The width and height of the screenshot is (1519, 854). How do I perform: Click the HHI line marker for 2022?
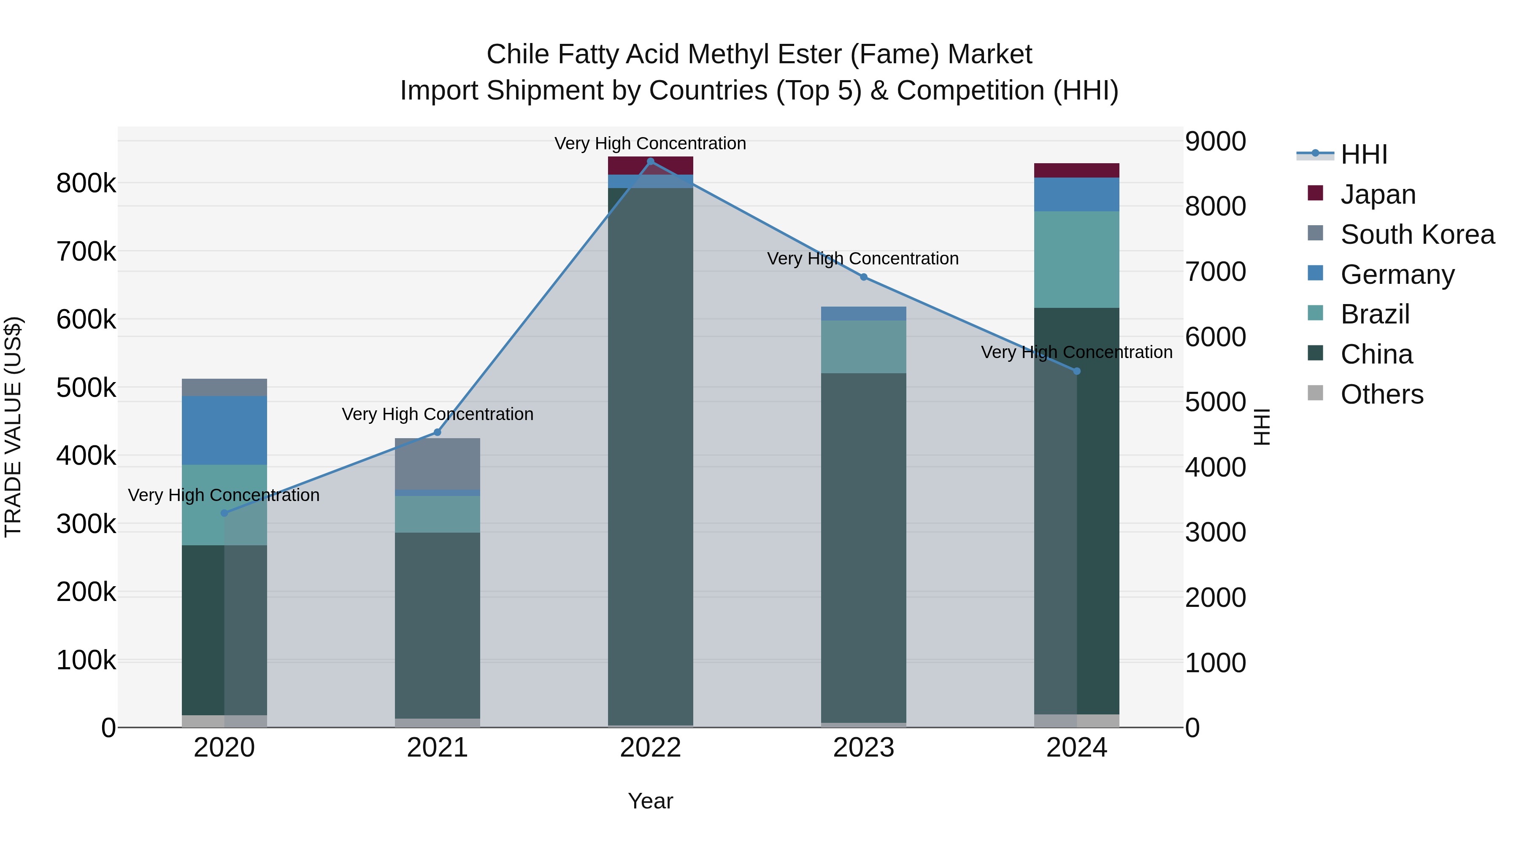(650, 162)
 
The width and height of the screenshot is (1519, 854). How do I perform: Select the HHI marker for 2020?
(224, 513)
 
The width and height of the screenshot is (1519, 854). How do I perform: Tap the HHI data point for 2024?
(1077, 371)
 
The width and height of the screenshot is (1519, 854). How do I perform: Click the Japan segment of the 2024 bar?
(1077, 170)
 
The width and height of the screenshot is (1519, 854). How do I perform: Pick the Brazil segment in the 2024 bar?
(1077, 259)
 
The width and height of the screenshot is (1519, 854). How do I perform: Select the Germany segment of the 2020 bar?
(224, 430)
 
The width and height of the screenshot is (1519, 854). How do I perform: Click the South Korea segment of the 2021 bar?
(437, 464)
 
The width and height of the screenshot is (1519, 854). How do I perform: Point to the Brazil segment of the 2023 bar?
(863, 347)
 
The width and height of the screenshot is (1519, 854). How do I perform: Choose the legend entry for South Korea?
(1417, 234)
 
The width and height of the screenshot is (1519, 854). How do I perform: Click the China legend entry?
(1376, 354)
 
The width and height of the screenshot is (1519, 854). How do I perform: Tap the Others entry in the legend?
(1381, 394)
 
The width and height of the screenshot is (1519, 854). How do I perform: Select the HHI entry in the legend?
(1363, 154)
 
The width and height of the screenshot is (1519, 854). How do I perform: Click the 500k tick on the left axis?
(86, 388)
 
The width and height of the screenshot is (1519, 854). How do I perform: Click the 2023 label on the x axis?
(863, 748)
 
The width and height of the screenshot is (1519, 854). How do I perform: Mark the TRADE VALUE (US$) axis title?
(13, 427)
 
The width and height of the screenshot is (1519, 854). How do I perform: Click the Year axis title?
(650, 801)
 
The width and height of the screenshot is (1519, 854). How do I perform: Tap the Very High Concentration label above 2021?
(437, 414)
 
